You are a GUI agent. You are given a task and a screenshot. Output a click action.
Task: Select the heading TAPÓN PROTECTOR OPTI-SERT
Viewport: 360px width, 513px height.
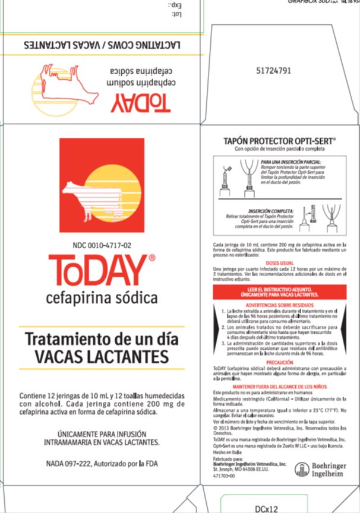tap(279, 141)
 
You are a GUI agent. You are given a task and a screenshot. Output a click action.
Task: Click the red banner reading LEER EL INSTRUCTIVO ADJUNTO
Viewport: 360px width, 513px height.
tap(279, 291)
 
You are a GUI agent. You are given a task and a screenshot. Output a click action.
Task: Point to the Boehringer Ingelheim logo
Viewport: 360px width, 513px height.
tap(321, 471)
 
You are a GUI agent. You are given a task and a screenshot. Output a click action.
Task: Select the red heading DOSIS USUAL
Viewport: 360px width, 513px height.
tap(279, 262)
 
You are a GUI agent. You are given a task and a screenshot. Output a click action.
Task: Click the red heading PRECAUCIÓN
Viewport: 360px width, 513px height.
tap(279, 362)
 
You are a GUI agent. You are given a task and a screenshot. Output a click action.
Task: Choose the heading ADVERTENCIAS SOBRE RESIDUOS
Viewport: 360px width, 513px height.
tap(279, 305)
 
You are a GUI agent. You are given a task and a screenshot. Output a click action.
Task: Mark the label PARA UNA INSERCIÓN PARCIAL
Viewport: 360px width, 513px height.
tap(291, 161)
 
